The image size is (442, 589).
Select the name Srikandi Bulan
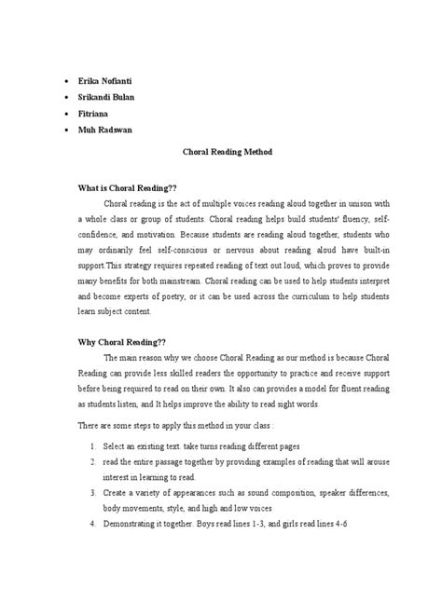pos(107,96)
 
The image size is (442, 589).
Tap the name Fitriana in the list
pos(95,113)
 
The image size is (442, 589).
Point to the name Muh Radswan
pos(105,130)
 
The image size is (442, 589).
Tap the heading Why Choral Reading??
pos(120,341)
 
